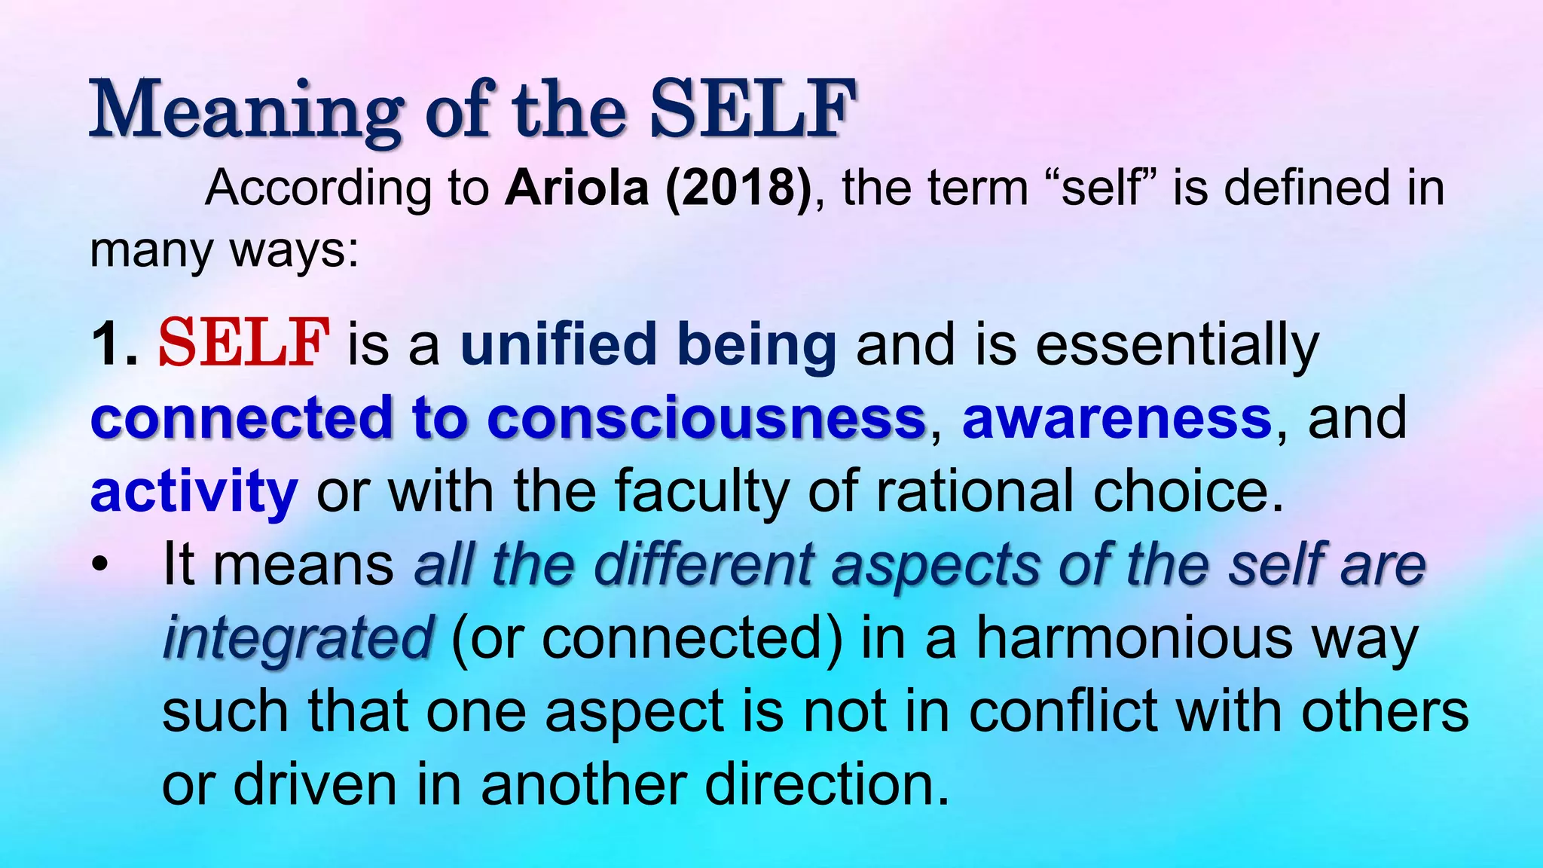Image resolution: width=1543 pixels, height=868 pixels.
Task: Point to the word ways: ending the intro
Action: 294,250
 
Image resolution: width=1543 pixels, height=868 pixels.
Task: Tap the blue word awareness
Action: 1117,418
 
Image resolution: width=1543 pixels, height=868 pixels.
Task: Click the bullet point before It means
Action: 100,565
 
